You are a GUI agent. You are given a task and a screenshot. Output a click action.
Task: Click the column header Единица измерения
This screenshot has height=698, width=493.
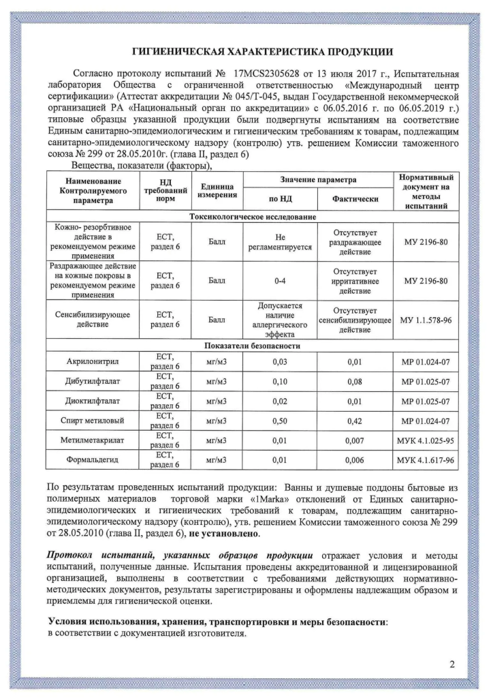pyautogui.click(x=217, y=191)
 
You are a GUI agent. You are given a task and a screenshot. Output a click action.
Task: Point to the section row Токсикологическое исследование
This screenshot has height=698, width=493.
pyautogui.click(x=251, y=217)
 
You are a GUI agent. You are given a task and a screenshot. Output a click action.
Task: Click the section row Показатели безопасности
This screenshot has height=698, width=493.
pyautogui.click(x=251, y=346)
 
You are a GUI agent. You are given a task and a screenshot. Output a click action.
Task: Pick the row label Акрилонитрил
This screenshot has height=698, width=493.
pyautogui.click(x=92, y=361)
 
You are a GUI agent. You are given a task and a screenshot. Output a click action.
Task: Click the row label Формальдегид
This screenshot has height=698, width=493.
pyautogui.click(x=92, y=460)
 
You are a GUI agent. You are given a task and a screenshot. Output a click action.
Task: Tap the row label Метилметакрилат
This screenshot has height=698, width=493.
pyautogui.click(x=92, y=440)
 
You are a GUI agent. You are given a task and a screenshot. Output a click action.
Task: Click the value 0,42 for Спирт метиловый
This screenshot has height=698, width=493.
pyautogui.click(x=354, y=421)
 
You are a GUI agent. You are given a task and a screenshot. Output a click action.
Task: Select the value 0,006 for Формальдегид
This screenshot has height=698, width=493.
pyautogui.click(x=354, y=460)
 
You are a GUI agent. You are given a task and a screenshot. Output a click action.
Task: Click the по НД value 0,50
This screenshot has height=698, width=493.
pyautogui.click(x=280, y=421)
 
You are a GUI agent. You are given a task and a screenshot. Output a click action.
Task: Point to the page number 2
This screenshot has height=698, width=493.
pyautogui.click(x=451, y=665)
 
